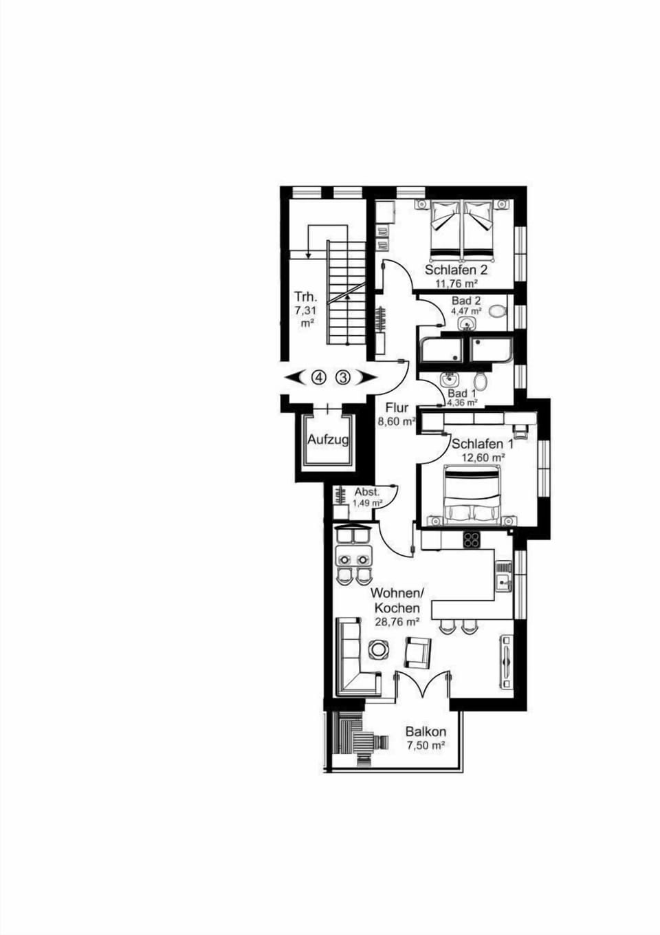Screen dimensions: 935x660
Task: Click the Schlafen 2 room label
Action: click(456, 270)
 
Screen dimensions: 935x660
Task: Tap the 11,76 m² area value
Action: click(456, 283)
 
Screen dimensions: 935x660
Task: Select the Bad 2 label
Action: click(465, 301)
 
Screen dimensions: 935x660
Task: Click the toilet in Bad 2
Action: click(497, 311)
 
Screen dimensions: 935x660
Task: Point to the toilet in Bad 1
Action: click(481, 380)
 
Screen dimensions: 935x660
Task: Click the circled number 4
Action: click(318, 377)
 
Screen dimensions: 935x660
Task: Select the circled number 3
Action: click(343, 377)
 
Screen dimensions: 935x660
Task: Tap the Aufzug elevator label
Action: click(328, 440)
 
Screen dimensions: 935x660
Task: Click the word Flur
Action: click(397, 407)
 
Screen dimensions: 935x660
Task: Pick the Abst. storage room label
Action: click(366, 493)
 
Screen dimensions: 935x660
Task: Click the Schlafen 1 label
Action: click(482, 444)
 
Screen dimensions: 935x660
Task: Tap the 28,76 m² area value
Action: click(397, 621)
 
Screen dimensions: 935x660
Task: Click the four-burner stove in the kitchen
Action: click(472, 539)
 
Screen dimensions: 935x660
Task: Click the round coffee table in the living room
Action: click(378, 649)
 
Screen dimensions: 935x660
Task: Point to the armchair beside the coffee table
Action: click(417, 652)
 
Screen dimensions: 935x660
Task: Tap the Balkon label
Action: click(426, 732)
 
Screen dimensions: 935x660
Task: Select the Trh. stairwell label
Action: click(305, 297)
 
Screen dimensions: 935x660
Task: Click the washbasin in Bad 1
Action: click(451, 378)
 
